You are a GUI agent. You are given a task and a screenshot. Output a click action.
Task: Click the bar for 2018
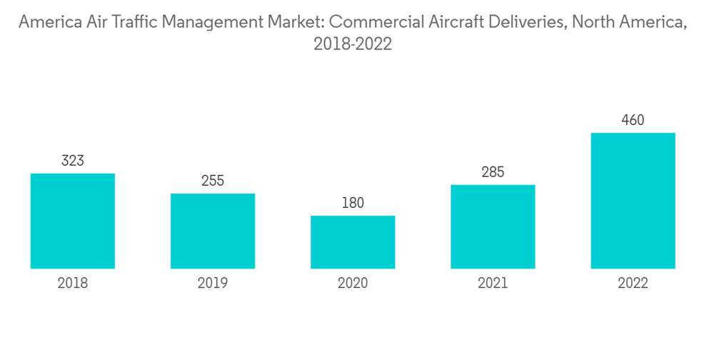point(73,221)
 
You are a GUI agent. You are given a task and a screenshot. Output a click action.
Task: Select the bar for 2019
point(213,231)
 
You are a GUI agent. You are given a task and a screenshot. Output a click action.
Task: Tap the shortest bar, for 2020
point(353,242)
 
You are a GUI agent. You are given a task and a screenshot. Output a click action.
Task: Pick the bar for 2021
point(493,226)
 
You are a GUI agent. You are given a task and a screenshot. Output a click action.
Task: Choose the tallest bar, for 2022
point(633,201)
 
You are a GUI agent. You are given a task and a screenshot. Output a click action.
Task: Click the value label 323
point(73,161)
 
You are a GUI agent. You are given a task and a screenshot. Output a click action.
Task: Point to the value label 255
point(213,181)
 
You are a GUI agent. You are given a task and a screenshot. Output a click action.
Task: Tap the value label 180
point(353,203)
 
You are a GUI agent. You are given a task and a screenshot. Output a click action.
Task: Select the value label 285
point(493,172)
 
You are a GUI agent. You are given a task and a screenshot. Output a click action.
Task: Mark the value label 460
point(633,120)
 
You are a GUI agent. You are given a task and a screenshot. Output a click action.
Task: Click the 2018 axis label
point(73,284)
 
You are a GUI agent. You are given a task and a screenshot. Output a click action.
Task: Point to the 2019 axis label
point(213,284)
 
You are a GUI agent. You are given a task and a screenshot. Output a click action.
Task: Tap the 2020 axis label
point(353,284)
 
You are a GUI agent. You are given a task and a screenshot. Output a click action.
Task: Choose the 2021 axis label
point(493,284)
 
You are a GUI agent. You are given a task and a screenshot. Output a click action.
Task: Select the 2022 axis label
point(633,284)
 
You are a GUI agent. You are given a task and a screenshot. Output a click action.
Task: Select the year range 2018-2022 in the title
point(353,44)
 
